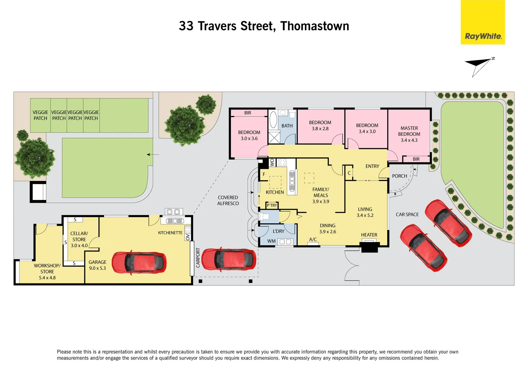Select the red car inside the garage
(139, 263)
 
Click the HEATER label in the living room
(369, 235)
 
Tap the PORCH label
(399, 176)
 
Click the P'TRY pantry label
(272, 205)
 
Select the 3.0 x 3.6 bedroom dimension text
(249, 138)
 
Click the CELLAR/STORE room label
(79, 236)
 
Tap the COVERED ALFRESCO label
(228, 200)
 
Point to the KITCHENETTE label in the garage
(170, 233)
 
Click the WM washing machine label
(271, 241)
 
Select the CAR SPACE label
(407, 214)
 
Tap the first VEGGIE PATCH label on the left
(40, 115)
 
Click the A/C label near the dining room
(313, 239)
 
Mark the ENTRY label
(372, 166)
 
